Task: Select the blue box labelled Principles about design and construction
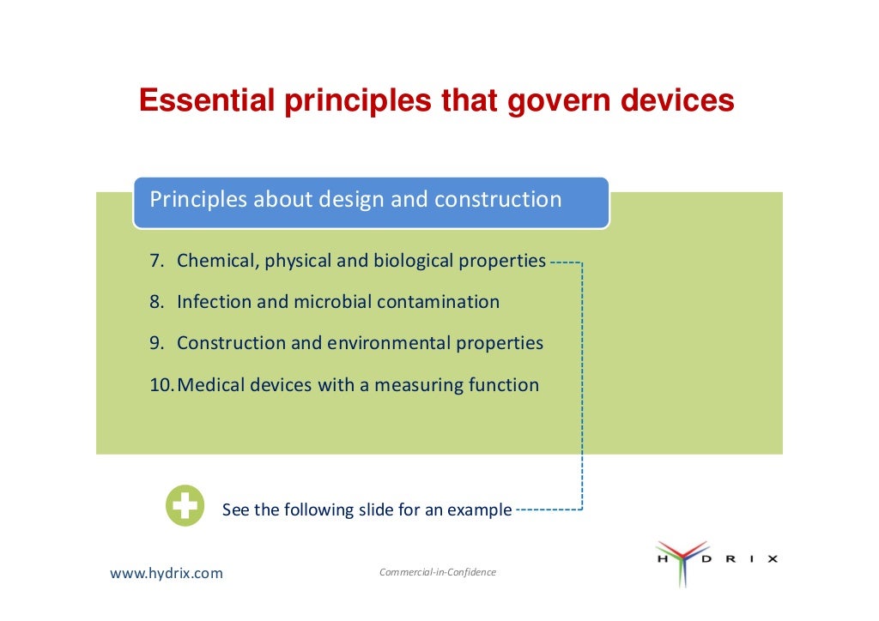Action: (x=371, y=202)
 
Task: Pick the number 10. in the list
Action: (x=161, y=385)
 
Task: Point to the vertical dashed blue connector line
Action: (x=582, y=386)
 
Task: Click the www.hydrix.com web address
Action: (x=166, y=573)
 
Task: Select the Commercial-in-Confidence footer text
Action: (x=438, y=572)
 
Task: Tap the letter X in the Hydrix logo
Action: (x=772, y=558)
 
